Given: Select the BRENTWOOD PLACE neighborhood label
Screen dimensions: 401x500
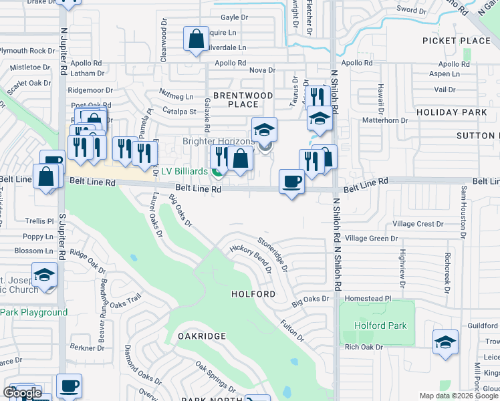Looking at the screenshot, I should [243, 100].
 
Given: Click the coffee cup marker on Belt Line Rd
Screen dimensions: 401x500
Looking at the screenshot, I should [291, 182].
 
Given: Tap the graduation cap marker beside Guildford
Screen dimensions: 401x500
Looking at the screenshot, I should [445, 342].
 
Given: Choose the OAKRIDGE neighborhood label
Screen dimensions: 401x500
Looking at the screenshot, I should [201, 336].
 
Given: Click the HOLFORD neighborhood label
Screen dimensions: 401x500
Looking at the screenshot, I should [253, 294].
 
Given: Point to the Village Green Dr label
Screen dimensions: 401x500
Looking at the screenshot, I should [372, 238].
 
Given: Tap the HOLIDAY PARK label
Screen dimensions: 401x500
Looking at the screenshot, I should [452, 112].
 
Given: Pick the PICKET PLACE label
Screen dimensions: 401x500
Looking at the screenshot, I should [457, 41].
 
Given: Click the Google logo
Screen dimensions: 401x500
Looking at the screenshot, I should [22, 393].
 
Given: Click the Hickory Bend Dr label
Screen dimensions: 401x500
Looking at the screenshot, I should [250, 258].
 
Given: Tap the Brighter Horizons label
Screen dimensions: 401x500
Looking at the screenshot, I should [219, 142].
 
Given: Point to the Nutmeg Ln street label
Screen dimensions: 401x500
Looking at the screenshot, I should [176, 96].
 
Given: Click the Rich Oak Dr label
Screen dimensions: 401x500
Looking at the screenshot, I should [364, 347].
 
